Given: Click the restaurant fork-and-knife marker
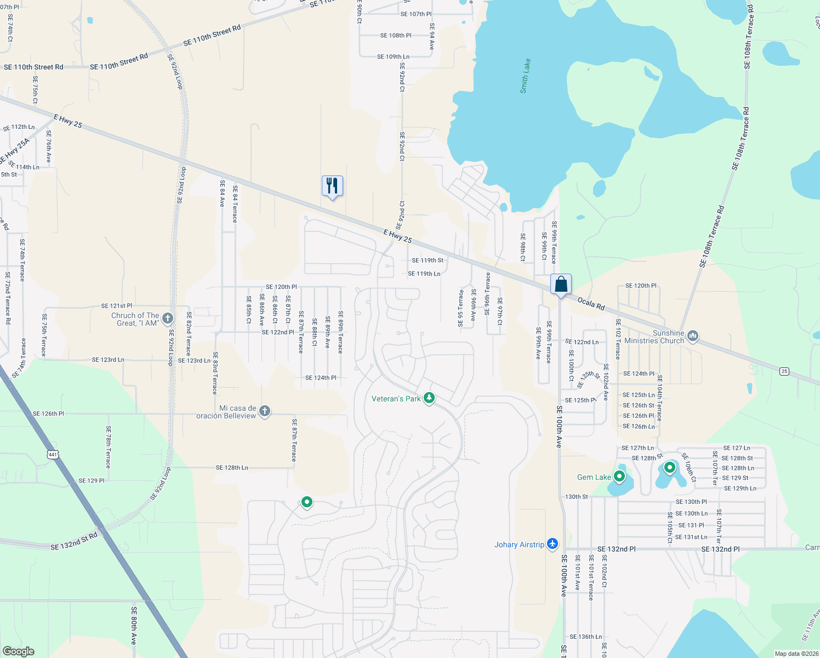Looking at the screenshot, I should [332, 186].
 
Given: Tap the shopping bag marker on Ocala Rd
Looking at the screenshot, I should [561, 285].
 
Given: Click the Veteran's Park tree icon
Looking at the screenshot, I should [429, 399].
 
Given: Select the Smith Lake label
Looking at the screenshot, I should [525, 76].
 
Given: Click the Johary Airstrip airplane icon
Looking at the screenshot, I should [552, 544].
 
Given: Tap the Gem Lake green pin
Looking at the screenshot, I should [619, 476].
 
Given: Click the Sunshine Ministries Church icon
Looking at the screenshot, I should [692, 336].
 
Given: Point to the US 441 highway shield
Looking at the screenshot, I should [53, 455].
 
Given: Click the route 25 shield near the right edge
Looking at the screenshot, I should [784, 371].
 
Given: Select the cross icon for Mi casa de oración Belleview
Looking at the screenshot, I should [264, 411].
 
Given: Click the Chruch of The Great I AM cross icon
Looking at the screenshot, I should [168, 318].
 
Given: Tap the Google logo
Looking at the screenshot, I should [18, 651].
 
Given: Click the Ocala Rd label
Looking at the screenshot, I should [591, 304].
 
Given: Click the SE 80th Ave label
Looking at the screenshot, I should [133, 625].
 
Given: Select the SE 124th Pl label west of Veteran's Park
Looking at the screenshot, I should [321, 378].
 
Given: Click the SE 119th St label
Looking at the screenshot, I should [428, 260].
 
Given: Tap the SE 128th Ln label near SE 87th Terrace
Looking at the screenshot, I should [232, 468].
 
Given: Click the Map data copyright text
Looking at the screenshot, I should [796, 653].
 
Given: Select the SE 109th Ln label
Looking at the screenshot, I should [393, 56].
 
